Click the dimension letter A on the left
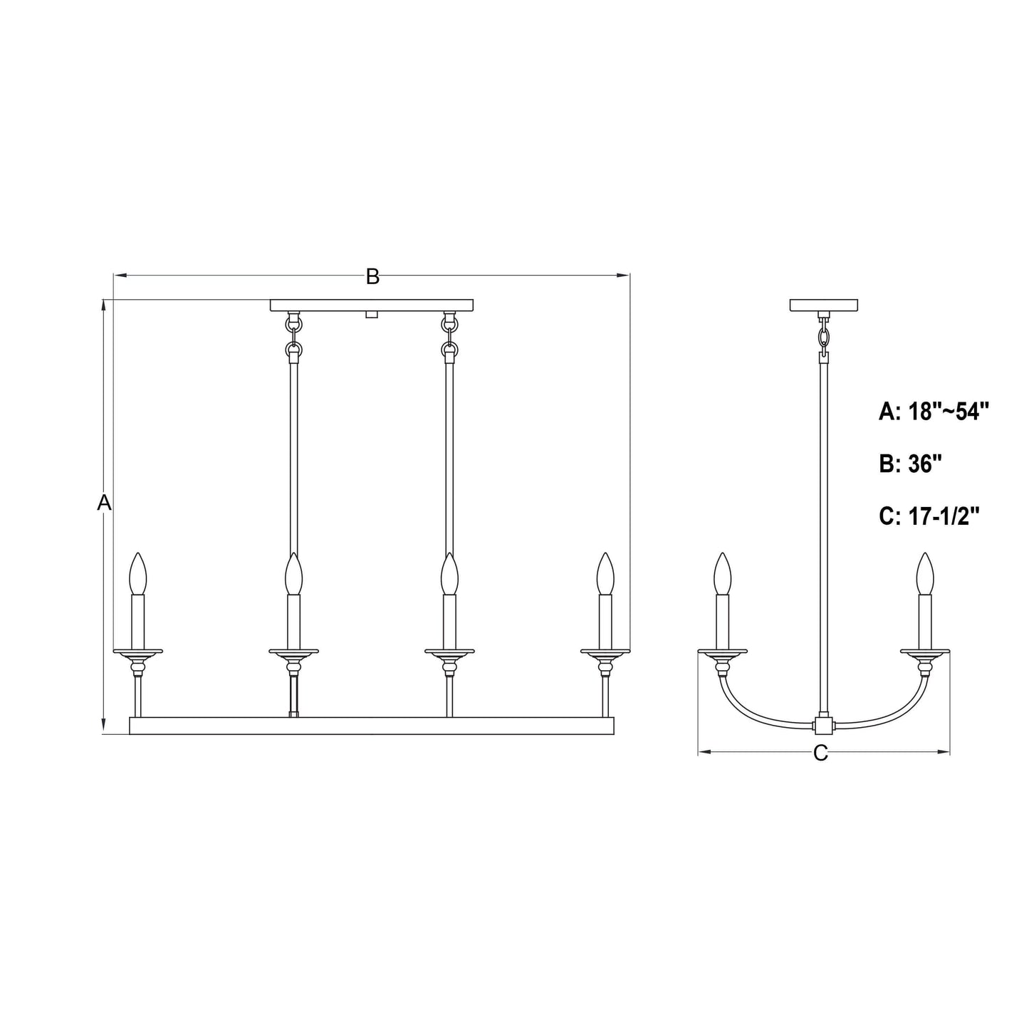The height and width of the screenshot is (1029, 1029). point(105,502)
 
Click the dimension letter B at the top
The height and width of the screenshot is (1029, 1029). point(372,277)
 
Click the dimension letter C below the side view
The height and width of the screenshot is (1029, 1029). point(820,753)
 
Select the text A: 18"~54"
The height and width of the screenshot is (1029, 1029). point(934,412)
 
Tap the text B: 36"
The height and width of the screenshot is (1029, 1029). point(911,464)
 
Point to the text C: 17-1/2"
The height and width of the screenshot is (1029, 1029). point(930,516)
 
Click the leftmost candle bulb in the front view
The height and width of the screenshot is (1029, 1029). point(138,573)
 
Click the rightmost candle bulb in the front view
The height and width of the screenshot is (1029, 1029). point(605,573)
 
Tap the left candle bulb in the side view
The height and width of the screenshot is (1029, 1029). point(723,573)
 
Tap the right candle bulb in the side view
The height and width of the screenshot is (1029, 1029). point(925,573)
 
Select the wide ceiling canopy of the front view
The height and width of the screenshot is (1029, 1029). point(372,305)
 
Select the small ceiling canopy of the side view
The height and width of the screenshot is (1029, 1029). point(824,305)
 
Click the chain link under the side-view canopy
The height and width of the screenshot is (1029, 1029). point(824,335)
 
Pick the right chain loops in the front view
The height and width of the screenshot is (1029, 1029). point(449,336)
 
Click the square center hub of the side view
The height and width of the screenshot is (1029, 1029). point(823,726)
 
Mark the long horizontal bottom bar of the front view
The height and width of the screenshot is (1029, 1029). point(371,726)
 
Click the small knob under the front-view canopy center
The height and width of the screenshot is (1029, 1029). point(370,314)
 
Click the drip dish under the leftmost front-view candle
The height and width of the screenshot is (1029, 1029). point(138,651)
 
